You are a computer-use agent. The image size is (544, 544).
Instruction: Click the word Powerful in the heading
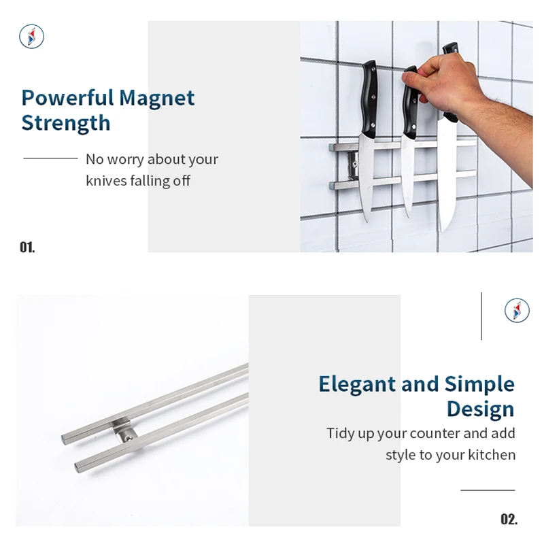pos(67,98)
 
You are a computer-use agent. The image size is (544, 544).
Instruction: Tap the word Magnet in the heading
pos(156,98)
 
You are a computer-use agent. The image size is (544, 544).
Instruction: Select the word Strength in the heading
pos(65,123)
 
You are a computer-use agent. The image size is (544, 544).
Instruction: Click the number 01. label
pos(27,247)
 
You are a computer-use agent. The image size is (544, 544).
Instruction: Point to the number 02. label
pos(509,520)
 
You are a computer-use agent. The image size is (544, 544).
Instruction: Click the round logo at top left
pos(31,36)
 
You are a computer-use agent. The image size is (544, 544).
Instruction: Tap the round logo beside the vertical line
pos(517,310)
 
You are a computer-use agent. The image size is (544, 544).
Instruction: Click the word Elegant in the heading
pos(357,384)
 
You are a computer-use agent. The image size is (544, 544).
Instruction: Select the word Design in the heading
pos(480,409)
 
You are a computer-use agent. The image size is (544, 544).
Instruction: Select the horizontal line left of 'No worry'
pos(50,158)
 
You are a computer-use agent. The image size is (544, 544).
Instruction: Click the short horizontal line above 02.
pos(488,490)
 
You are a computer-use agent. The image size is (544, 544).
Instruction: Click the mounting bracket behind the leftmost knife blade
pos(352,163)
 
